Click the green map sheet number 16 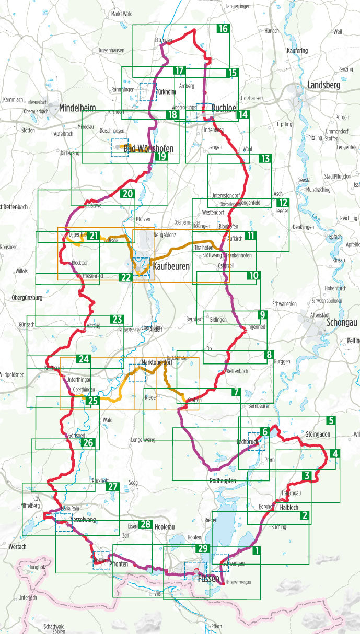pyautogui.click(x=223, y=29)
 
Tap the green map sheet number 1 pyautogui.click(x=256, y=550)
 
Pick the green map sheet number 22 pyautogui.click(x=126, y=277)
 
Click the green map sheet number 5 pyautogui.click(x=330, y=420)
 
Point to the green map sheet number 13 pyautogui.click(x=265, y=158)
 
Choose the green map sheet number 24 pyautogui.click(x=84, y=359)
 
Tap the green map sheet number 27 pyautogui.click(x=113, y=487)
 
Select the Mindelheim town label pyautogui.click(x=78, y=108)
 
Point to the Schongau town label pyautogui.click(x=341, y=322)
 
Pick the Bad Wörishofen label pyautogui.click(x=148, y=149)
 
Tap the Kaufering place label pyautogui.click(x=297, y=51)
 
